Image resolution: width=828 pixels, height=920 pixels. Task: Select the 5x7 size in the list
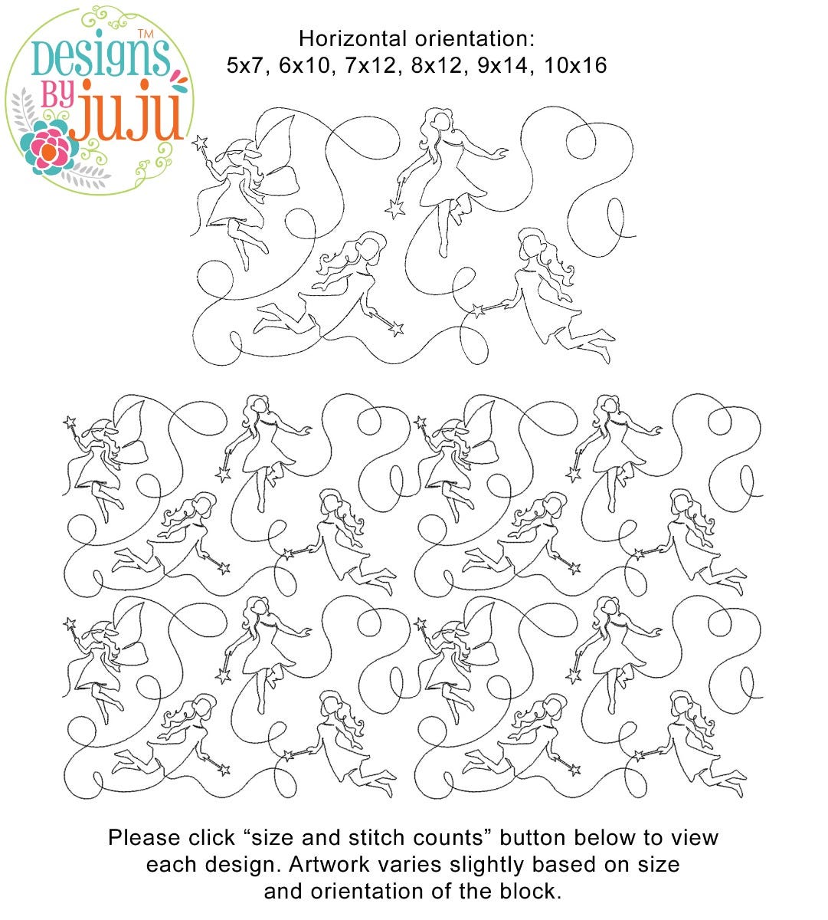tap(244, 66)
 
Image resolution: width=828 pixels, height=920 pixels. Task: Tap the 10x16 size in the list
tap(575, 66)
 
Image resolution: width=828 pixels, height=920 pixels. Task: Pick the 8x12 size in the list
tap(437, 66)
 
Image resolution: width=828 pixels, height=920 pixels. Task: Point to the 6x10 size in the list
tap(304, 66)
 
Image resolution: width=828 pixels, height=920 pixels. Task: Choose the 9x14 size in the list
tap(502, 66)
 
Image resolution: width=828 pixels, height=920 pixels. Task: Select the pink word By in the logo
tap(57, 95)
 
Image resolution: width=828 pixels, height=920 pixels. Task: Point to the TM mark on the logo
tap(146, 34)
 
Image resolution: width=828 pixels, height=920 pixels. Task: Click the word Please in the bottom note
tap(145, 837)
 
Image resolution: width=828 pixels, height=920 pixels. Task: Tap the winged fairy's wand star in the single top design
tap(199, 143)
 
